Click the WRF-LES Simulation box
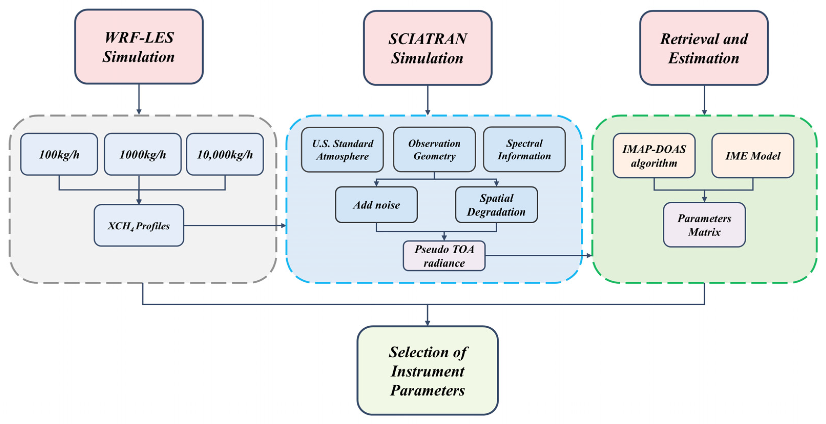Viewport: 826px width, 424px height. coord(139,47)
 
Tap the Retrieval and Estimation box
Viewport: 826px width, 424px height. coord(704,48)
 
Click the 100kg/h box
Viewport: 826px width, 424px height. coord(59,154)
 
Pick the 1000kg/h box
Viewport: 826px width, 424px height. coord(142,154)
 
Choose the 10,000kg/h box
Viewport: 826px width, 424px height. coord(225,154)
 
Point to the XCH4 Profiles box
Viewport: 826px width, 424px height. coord(139,225)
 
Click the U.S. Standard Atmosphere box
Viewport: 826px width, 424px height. coord(342,149)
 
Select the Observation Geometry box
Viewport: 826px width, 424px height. coord(434,149)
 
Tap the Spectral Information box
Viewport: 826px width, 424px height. coord(524,149)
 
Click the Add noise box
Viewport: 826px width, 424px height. coord(376,205)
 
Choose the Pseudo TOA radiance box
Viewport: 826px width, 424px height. coord(444,256)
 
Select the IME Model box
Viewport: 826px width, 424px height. coord(753,156)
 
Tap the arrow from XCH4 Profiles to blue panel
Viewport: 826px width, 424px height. coord(234,225)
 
